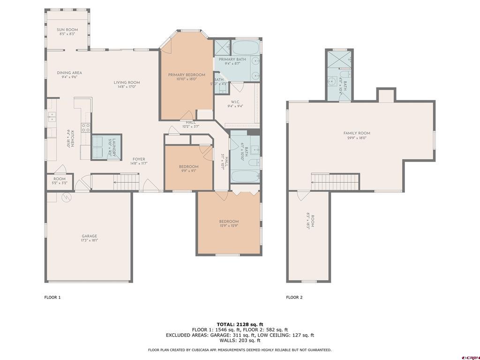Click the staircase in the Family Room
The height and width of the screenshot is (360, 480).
[x=335, y=180]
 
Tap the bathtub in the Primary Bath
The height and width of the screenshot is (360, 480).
[x=246, y=48]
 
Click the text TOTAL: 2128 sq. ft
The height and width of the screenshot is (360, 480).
[x=240, y=324]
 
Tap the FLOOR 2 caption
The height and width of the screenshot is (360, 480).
[x=294, y=297]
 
